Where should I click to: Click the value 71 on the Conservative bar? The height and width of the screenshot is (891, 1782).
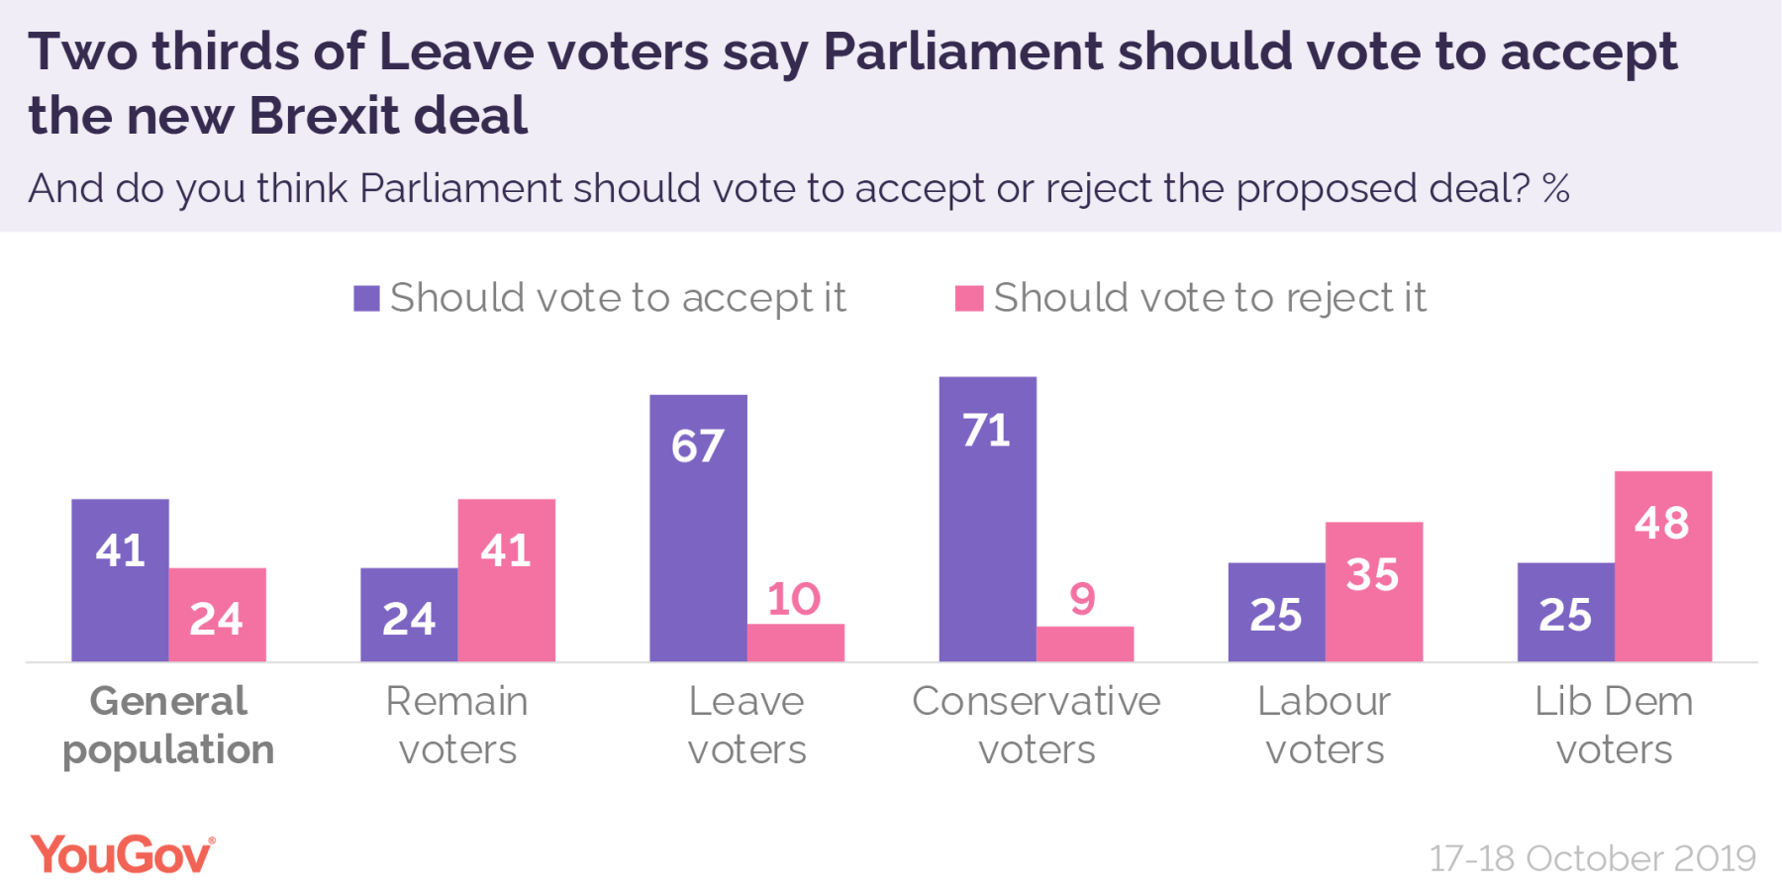point(986,431)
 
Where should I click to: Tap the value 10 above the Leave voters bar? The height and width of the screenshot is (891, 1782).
point(794,599)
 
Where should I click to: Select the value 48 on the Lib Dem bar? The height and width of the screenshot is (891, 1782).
point(1662,523)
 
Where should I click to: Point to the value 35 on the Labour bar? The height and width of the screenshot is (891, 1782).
point(1372,574)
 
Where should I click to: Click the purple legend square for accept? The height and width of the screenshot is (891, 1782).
point(366,298)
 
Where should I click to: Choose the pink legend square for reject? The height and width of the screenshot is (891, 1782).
point(968,298)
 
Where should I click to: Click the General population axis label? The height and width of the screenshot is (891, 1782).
point(168,725)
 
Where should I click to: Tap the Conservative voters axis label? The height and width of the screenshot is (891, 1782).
point(1036,725)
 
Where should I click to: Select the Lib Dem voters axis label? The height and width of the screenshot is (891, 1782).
point(1614,725)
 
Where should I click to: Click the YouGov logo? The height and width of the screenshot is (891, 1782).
point(122,854)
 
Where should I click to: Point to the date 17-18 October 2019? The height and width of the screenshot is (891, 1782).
point(1592,857)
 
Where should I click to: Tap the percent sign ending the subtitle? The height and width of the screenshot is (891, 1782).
point(1555,188)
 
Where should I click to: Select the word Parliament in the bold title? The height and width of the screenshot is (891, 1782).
point(962,51)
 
